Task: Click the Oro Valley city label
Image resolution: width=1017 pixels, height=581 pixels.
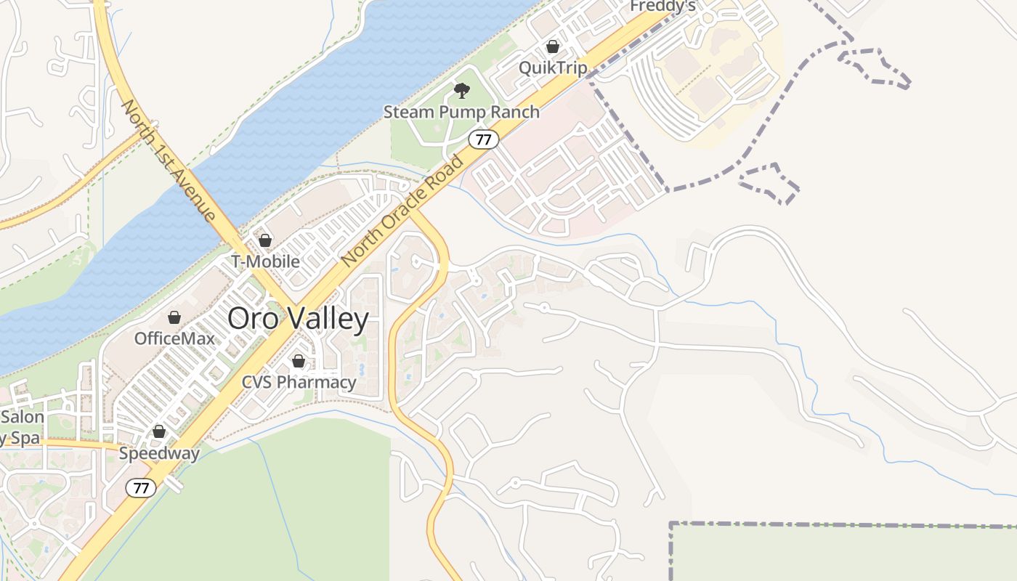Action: click(x=298, y=319)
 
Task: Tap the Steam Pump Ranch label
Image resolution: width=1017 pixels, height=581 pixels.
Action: click(x=461, y=112)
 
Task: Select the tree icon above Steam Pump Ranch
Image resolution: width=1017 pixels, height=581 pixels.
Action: click(x=461, y=91)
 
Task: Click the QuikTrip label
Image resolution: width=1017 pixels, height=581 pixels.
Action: click(x=553, y=68)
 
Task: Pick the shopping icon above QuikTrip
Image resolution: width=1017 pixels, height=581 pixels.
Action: click(x=553, y=47)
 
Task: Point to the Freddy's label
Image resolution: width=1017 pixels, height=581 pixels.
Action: click(x=663, y=6)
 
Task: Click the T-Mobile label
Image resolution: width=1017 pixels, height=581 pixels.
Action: click(x=265, y=261)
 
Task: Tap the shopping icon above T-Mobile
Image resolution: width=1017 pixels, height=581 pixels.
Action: click(x=265, y=240)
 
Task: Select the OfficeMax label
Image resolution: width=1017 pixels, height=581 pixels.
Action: click(x=174, y=338)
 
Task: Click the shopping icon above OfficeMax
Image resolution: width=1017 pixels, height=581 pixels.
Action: click(x=174, y=317)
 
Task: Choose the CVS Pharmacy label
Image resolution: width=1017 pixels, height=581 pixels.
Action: click(x=299, y=382)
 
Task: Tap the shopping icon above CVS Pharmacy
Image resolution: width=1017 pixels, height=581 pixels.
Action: click(x=298, y=361)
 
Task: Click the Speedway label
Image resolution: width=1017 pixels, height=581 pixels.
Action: click(x=159, y=454)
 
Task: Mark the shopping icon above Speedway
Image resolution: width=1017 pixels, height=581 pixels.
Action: click(x=159, y=432)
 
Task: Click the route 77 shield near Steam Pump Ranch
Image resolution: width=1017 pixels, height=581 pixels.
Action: click(x=483, y=139)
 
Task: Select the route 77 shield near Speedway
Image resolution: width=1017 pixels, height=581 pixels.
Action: click(x=140, y=488)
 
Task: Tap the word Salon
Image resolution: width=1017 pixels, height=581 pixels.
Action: click(x=23, y=418)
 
